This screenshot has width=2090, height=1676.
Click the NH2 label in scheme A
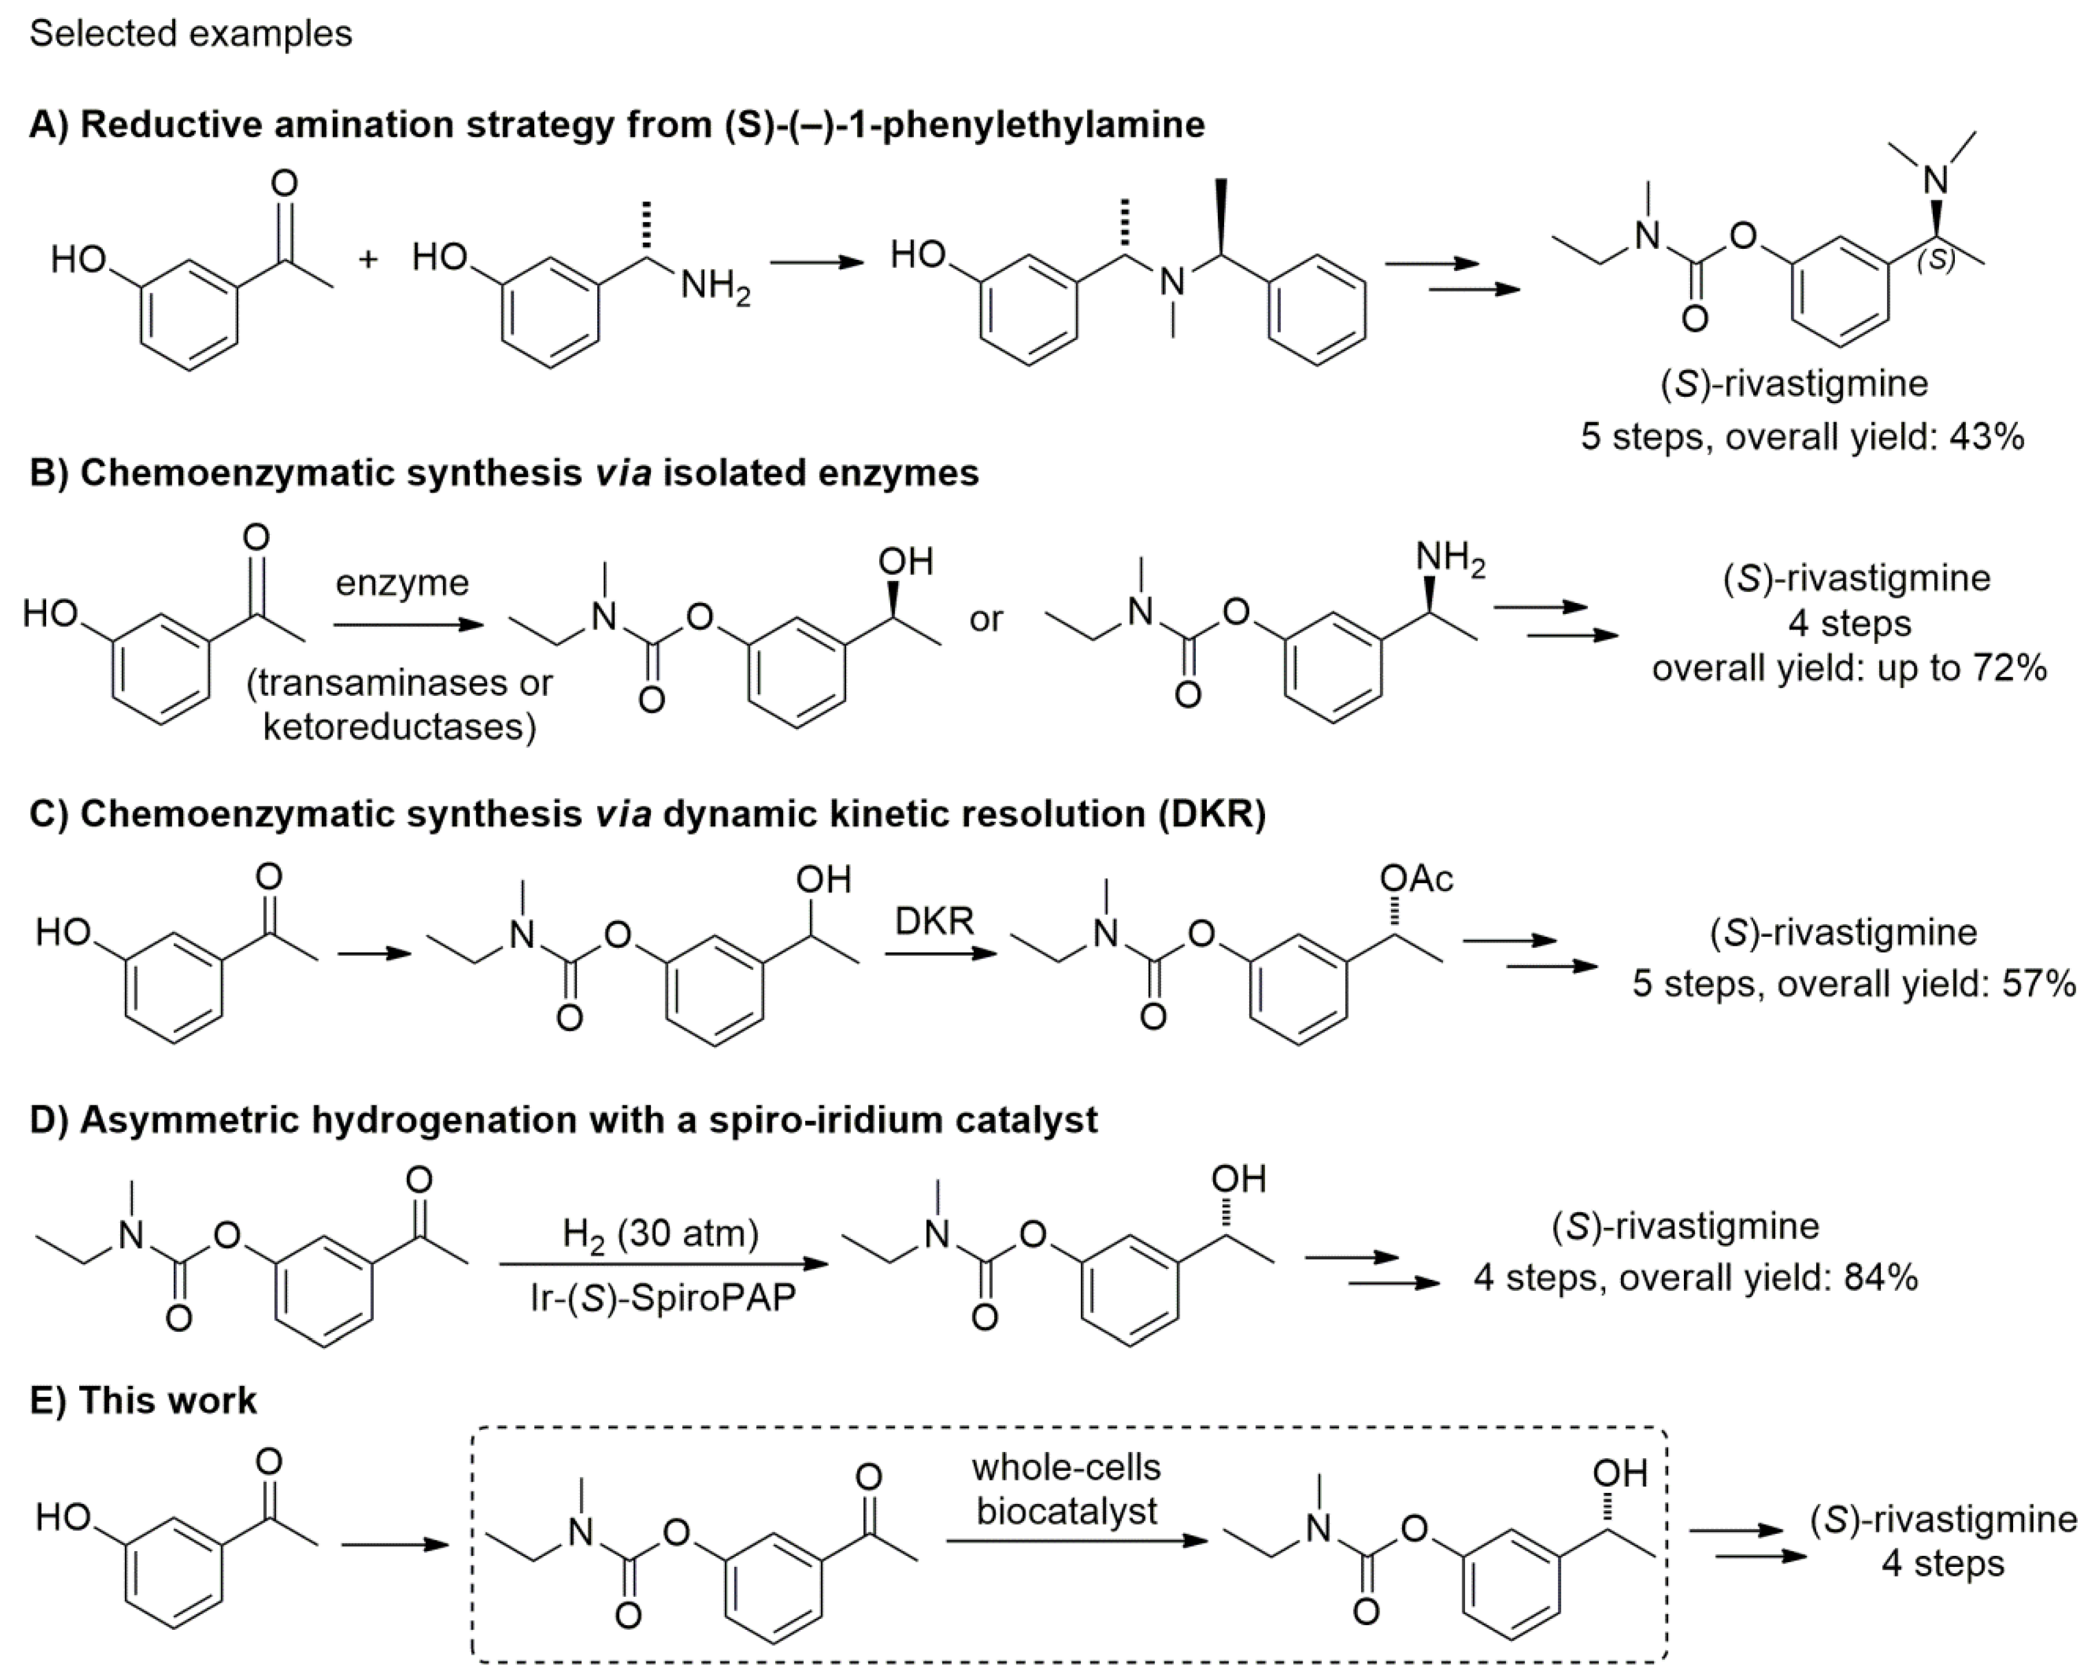(x=715, y=286)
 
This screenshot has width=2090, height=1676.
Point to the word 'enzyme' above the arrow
(x=402, y=583)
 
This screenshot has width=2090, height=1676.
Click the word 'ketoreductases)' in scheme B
(x=399, y=726)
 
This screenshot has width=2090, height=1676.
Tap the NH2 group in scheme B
(x=1449, y=559)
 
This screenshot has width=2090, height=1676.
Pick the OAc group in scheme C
(x=1416, y=878)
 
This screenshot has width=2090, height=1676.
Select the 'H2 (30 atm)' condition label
(x=660, y=1234)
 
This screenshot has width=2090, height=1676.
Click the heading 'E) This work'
(x=143, y=1401)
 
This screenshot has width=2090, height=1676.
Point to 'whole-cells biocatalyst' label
(x=1066, y=1489)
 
